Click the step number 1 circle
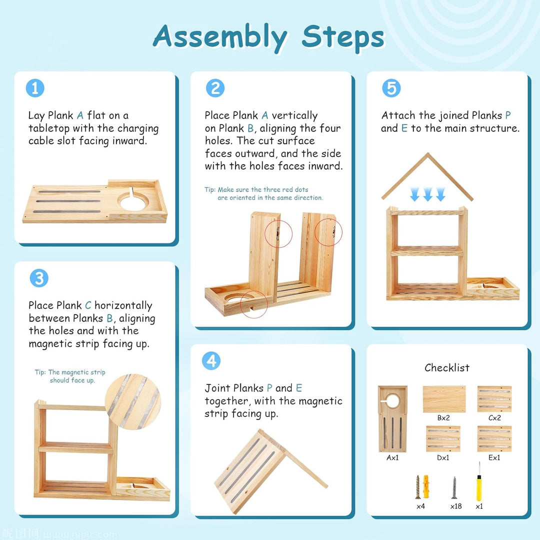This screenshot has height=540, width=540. pyautogui.click(x=35, y=88)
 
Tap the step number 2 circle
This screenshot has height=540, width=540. pyautogui.click(x=215, y=88)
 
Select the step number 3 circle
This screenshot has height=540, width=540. pyautogui.click(x=39, y=278)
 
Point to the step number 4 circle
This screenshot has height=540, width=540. pyautogui.click(x=211, y=361)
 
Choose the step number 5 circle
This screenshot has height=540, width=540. pyautogui.click(x=391, y=88)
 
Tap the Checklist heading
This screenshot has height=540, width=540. pyautogui.click(x=446, y=368)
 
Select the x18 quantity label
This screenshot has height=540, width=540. pyautogui.click(x=455, y=506)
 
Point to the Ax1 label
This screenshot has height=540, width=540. pyautogui.click(x=392, y=457)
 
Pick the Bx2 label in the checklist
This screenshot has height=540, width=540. pyautogui.click(x=443, y=417)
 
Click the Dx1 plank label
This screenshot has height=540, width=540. pyautogui.click(x=443, y=457)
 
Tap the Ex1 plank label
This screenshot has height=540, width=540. pyautogui.click(x=494, y=457)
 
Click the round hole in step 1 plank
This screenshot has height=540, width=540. pyautogui.click(x=132, y=202)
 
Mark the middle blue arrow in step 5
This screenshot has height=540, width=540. pyautogui.click(x=427, y=194)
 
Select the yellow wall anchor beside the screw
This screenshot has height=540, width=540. pyautogui.click(x=426, y=486)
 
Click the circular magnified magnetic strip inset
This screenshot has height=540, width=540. pyautogui.click(x=133, y=401)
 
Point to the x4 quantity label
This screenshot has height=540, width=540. pyautogui.click(x=420, y=506)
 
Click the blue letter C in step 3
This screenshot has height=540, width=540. pyautogui.click(x=88, y=305)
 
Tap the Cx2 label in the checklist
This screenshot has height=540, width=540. pyautogui.click(x=494, y=417)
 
